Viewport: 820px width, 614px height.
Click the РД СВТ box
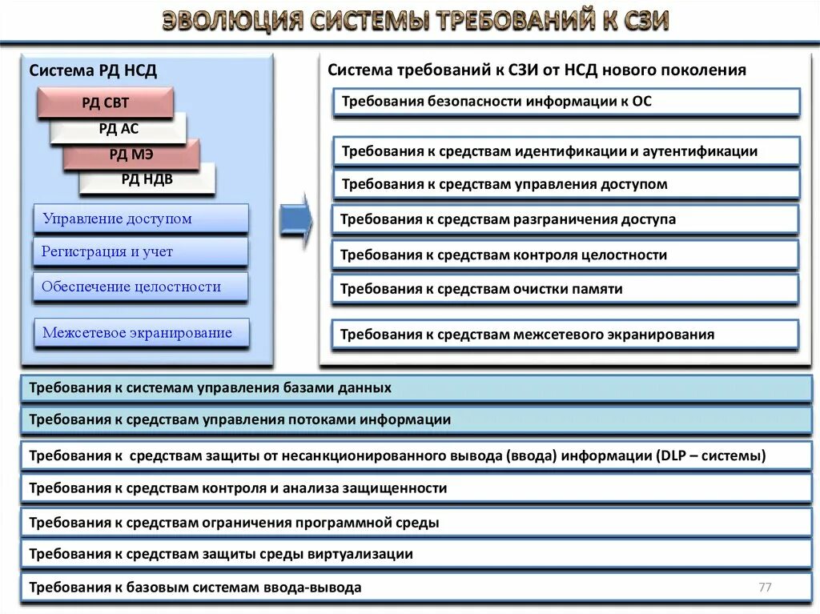[105, 102]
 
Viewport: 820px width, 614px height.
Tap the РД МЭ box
[132, 155]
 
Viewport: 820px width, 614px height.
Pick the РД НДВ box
[147, 179]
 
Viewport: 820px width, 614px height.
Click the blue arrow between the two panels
[295, 218]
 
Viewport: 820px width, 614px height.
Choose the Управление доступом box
[141, 219]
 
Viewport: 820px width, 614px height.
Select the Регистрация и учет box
[141, 252]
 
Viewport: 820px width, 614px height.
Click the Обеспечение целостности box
[141, 287]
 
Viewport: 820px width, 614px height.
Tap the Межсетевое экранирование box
[141, 333]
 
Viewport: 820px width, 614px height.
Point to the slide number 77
[765, 588]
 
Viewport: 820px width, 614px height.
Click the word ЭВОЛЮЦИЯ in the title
[232, 21]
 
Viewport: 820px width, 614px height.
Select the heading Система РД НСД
[94, 71]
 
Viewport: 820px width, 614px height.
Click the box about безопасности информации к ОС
[566, 102]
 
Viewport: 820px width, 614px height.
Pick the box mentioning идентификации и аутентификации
[566, 150]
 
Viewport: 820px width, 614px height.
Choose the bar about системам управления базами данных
[416, 388]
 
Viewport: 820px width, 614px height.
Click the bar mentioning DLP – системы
[416, 456]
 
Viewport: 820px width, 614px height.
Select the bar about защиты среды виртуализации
[416, 553]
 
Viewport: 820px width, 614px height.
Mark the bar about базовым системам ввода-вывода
[416, 588]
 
